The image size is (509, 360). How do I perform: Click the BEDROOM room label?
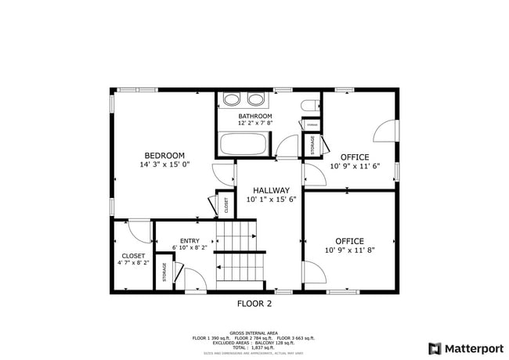click(164, 155)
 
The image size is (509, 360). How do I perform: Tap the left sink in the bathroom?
click(231, 100)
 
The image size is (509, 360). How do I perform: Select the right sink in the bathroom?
click(255, 100)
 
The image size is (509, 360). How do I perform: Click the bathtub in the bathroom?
click(244, 145)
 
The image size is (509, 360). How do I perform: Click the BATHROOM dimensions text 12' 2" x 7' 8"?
click(255, 124)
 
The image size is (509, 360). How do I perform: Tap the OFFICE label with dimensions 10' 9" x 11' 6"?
click(354, 157)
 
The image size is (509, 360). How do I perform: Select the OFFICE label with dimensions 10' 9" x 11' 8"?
click(349, 241)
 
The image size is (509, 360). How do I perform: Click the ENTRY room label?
click(190, 241)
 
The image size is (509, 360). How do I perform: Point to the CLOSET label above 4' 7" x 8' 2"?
click(132, 256)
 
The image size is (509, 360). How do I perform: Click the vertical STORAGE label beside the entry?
click(164, 272)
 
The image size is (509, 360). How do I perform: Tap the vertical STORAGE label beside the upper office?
click(312, 146)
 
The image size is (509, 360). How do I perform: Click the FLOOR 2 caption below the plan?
click(254, 304)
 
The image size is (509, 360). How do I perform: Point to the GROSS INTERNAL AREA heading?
click(254, 332)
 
